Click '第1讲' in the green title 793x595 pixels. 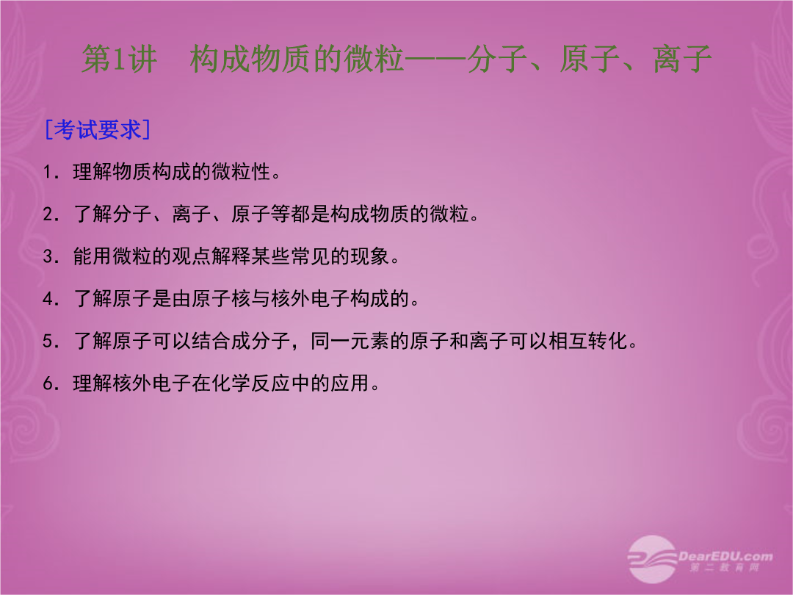pyautogui.click(x=120, y=59)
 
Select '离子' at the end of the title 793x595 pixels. pyautogui.click(x=682, y=59)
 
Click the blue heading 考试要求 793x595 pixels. pyautogui.click(x=98, y=130)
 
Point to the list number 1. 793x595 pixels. pyautogui.click(x=48, y=173)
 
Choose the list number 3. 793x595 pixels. pyautogui.click(x=48, y=257)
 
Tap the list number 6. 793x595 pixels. pyautogui.click(x=48, y=383)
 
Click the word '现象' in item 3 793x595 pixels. pyautogui.click(x=370, y=256)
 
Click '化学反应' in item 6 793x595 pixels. pyautogui.click(x=251, y=383)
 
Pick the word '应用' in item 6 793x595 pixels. pyautogui.click(x=350, y=383)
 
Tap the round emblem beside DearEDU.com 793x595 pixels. pyautogui.click(x=651, y=559)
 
